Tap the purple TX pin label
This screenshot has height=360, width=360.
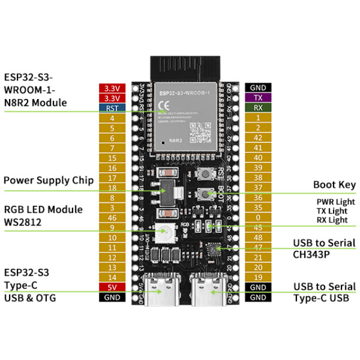pyautogui.click(x=258, y=97)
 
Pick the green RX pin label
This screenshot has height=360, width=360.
pyautogui.click(x=258, y=107)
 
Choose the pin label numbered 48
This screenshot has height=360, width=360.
pyautogui.click(x=258, y=237)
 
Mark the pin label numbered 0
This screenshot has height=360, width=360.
pyautogui.click(x=258, y=218)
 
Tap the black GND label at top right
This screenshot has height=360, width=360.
pyautogui.click(x=258, y=88)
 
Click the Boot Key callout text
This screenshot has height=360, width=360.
pyautogui.click(x=334, y=184)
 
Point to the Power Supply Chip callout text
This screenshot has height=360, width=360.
pyautogui.click(x=48, y=181)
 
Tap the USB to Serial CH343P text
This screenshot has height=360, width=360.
pyautogui.click(x=324, y=248)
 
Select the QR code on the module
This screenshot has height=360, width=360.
pyautogui.click(x=200, y=134)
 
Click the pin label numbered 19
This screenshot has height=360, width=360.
pyautogui.click(x=258, y=277)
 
